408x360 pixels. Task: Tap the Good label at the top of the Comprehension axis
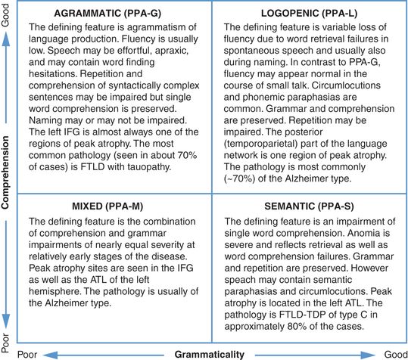point(7,13)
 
